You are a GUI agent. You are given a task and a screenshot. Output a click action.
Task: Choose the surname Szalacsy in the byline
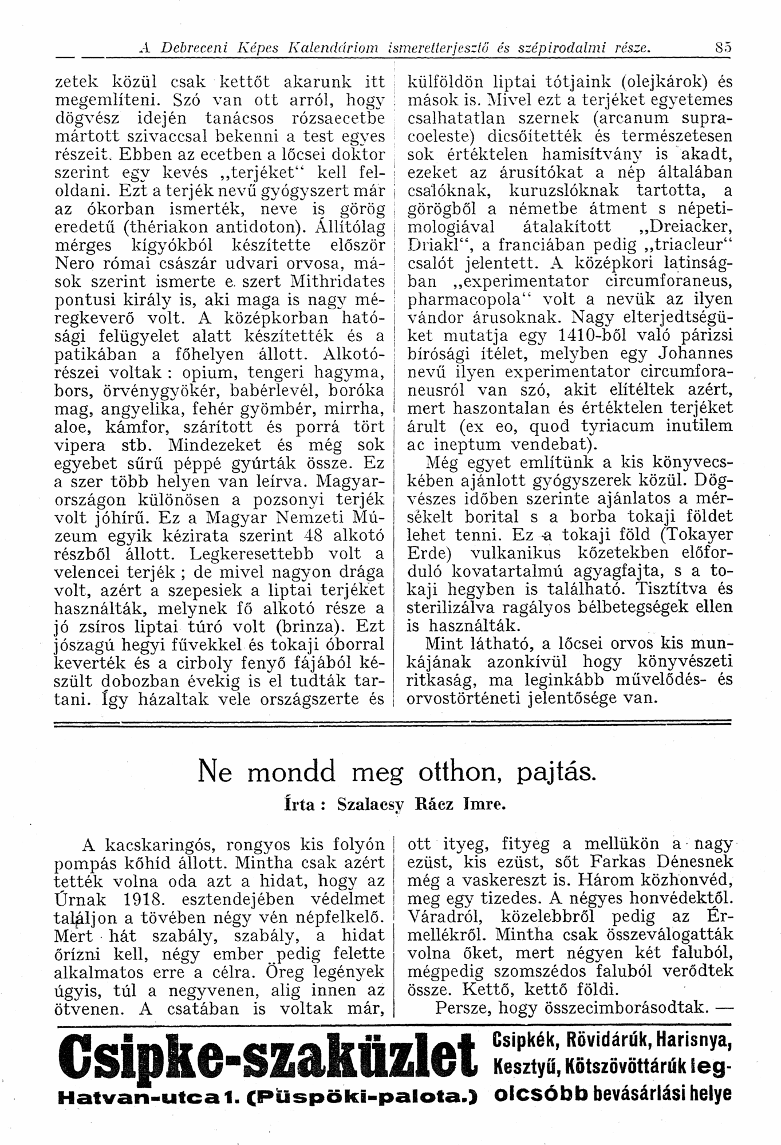point(368,804)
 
